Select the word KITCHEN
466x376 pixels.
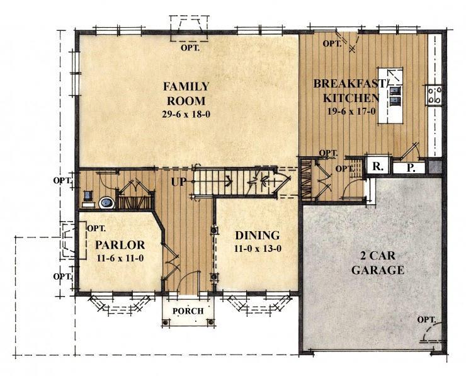pos(351,98)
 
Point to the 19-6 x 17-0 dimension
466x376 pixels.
pos(351,111)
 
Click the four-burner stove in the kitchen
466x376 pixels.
pos(434,94)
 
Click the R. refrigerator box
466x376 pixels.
pos(377,167)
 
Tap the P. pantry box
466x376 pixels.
pos(410,168)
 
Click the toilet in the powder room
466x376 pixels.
pos(106,203)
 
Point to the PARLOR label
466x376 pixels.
pos(120,245)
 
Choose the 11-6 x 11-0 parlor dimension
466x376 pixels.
pos(120,258)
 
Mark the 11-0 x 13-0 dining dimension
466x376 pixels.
pos(258,249)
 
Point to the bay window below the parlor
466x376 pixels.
pos(120,305)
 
